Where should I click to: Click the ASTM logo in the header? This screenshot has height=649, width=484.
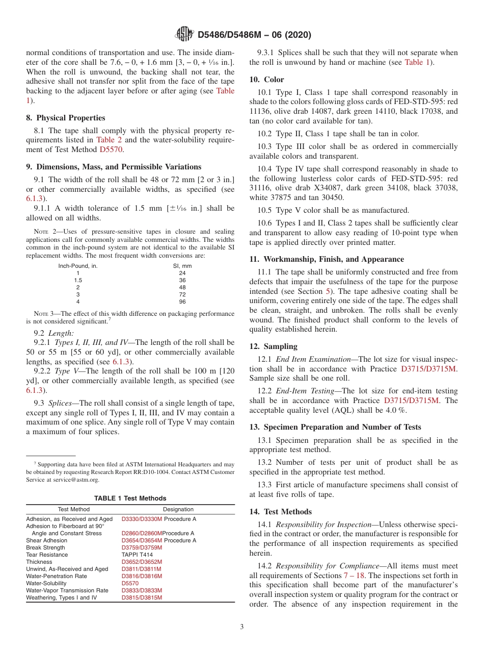[184, 34]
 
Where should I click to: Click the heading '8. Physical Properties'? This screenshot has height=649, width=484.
[66, 117]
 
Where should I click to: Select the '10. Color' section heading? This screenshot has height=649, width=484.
[267, 80]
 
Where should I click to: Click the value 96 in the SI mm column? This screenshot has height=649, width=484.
[182, 302]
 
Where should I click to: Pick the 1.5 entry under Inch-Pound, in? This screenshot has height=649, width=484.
[78, 280]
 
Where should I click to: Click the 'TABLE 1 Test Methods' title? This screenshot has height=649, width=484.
[130, 498]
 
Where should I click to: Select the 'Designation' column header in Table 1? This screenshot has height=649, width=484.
[178, 509]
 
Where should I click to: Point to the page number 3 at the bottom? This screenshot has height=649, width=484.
[242, 627]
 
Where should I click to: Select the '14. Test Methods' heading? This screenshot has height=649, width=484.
[281, 512]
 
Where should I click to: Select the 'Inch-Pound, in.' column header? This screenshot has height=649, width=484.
[78, 266]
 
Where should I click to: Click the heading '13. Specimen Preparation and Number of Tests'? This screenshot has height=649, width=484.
[335, 427]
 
